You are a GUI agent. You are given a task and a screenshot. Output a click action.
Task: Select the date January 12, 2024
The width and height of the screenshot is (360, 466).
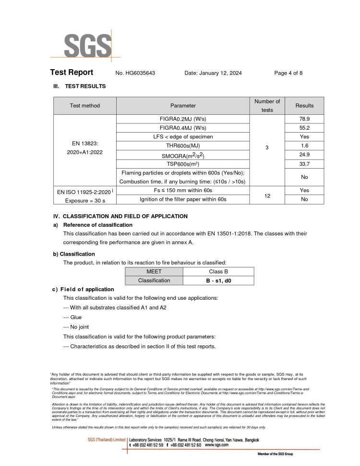point(213,73)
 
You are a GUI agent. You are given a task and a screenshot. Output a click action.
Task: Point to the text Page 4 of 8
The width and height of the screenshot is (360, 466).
point(288,73)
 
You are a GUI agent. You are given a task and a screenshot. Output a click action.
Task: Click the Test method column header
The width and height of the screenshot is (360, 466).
point(85,106)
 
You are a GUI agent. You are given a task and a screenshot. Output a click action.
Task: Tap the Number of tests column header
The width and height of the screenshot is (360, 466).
point(267,106)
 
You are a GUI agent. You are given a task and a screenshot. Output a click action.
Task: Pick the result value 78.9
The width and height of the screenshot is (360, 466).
point(304,119)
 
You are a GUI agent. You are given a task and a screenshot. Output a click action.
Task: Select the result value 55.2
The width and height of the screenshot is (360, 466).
point(304,128)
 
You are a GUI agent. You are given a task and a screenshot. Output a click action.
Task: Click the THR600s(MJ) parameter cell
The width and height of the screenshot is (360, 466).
point(183,146)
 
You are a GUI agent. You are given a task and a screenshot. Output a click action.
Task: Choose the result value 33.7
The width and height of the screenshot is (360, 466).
point(304,164)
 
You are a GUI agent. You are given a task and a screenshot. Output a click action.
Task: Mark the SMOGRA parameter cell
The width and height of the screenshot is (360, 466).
point(183,155)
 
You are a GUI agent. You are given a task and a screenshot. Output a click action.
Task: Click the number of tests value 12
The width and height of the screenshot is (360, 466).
point(267,195)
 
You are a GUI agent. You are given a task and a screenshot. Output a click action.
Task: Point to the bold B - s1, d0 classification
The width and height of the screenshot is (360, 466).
point(215,280)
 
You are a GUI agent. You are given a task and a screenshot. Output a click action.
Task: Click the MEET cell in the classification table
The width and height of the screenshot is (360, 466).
point(154,271)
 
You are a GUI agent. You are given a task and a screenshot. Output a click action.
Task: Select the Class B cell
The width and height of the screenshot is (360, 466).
point(215,271)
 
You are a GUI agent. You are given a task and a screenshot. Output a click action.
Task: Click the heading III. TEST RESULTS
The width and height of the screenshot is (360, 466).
point(80,86)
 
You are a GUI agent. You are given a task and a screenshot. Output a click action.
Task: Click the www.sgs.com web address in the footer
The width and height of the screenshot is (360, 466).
point(216,445)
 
